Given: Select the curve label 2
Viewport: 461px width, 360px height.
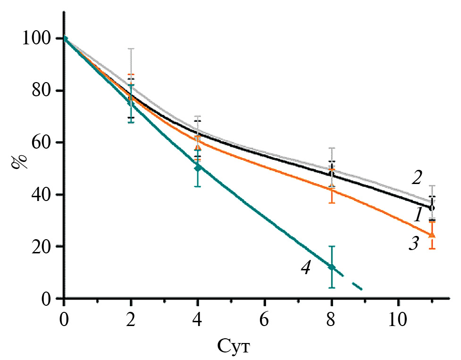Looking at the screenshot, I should click(x=416, y=178).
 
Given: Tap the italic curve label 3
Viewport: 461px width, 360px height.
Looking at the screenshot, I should click(x=414, y=244).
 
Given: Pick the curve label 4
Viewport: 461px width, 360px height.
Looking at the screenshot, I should click(x=306, y=268).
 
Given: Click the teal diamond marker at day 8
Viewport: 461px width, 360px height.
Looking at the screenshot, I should click(x=332, y=267).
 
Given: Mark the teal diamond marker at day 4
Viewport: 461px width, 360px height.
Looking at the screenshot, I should click(x=198, y=167).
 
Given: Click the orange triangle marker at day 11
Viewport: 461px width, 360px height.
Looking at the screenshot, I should click(x=432, y=234).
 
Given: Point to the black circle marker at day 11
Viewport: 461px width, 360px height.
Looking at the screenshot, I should click(x=432, y=207).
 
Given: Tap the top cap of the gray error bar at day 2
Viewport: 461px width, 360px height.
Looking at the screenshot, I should click(x=131, y=49).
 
